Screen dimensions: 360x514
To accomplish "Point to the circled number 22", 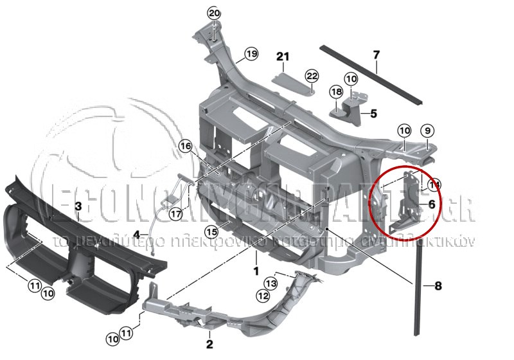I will (x=312, y=76).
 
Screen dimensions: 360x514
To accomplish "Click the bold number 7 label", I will (x=377, y=55).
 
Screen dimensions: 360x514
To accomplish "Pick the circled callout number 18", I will (x=337, y=92).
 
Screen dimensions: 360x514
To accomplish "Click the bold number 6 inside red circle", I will (x=431, y=204).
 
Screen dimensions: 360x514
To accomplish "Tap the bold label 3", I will (x=78, y=206).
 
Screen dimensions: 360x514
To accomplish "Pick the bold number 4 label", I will (x=136, y=235).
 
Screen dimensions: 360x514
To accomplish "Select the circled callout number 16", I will (x=186, y=147).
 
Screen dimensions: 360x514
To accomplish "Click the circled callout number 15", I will (x=211, y=231).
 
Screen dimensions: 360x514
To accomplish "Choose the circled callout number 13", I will (x=271, y=283).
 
